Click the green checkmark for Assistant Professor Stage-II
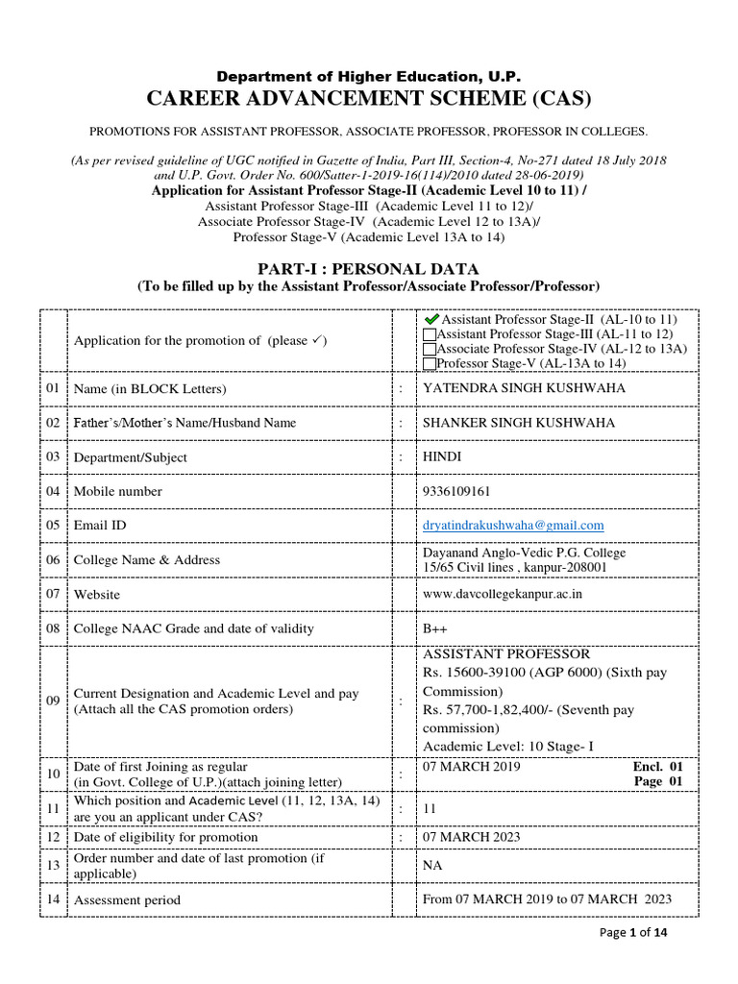pyautogui.click(x=430, y=318)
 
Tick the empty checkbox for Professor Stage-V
pyautogui.click(x=430, y=364)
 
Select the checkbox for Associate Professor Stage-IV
pyautogui.click(x=430, y=349)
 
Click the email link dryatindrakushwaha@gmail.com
pyautogui.click(x=513, y=525)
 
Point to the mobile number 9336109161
pyautogui.click(x=456, y=491)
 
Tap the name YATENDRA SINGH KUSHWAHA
pyautogui.click(x=524, y=388)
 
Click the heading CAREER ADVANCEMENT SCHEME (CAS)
pyautogui.click(x=369, y=99)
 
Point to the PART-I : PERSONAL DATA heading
pyautogui.click(x=369, y=269)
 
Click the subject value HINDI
pyautogui.click(x=442, y=457)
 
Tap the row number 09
pyautogui.click(x=53, y=701)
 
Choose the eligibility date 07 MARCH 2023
pyautogui.click(x=472, y=837)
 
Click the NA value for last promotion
pyautogui.click(x=432, y=865)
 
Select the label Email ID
pyautogui.click(x=100, y=526)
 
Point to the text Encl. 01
pyautogui.click(x=656, y=768)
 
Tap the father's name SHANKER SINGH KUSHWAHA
pyautogui.click(x=519, y=423)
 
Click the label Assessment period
pyautogui.click(x=127, y=900)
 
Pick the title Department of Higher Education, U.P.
pyautogui.click(x=369, y=76)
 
